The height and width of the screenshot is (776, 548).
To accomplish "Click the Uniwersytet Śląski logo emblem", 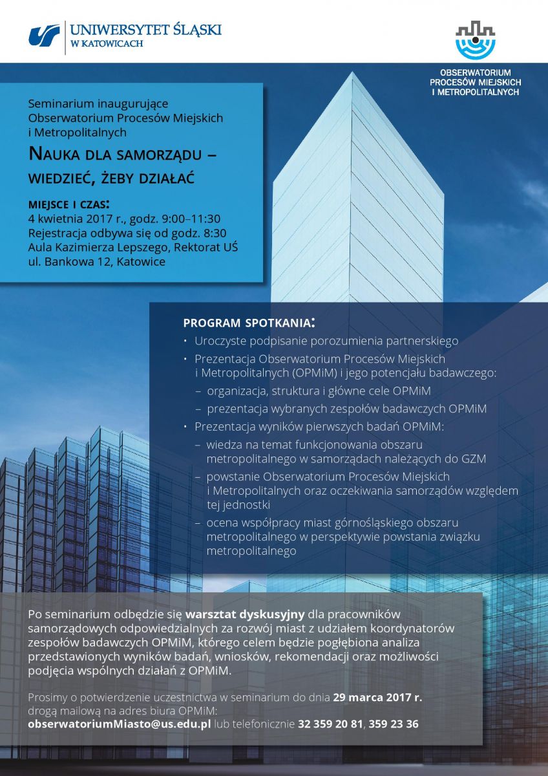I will pos(44,36).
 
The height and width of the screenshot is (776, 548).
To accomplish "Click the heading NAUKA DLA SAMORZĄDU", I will pos(123,154).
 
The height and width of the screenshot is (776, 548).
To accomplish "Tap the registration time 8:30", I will pos(213,233).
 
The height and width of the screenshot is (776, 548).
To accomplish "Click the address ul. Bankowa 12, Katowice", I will pos(97,262).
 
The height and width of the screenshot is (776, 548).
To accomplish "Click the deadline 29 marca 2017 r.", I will pos(377,697).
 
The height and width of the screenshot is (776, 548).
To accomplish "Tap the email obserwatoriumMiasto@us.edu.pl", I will pos(120,724).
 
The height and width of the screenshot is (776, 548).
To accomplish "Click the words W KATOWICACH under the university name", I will pos(107,43).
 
